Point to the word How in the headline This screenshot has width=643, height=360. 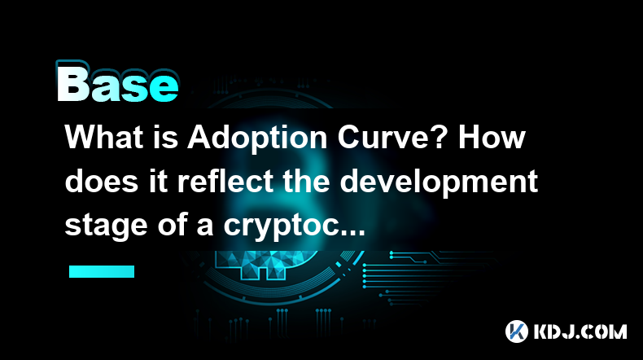click(x=492, y=137)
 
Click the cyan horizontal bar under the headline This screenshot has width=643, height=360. click(x=102, y=271)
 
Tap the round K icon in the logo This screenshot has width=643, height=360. click(x=517, y=331)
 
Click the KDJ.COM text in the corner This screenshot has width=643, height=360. click(x=580, y=331)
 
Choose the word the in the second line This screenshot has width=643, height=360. click(x=307, y=181)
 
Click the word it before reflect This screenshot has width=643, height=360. click(x=158, y=181)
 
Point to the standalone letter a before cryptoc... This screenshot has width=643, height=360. click(x=204, y=228)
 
